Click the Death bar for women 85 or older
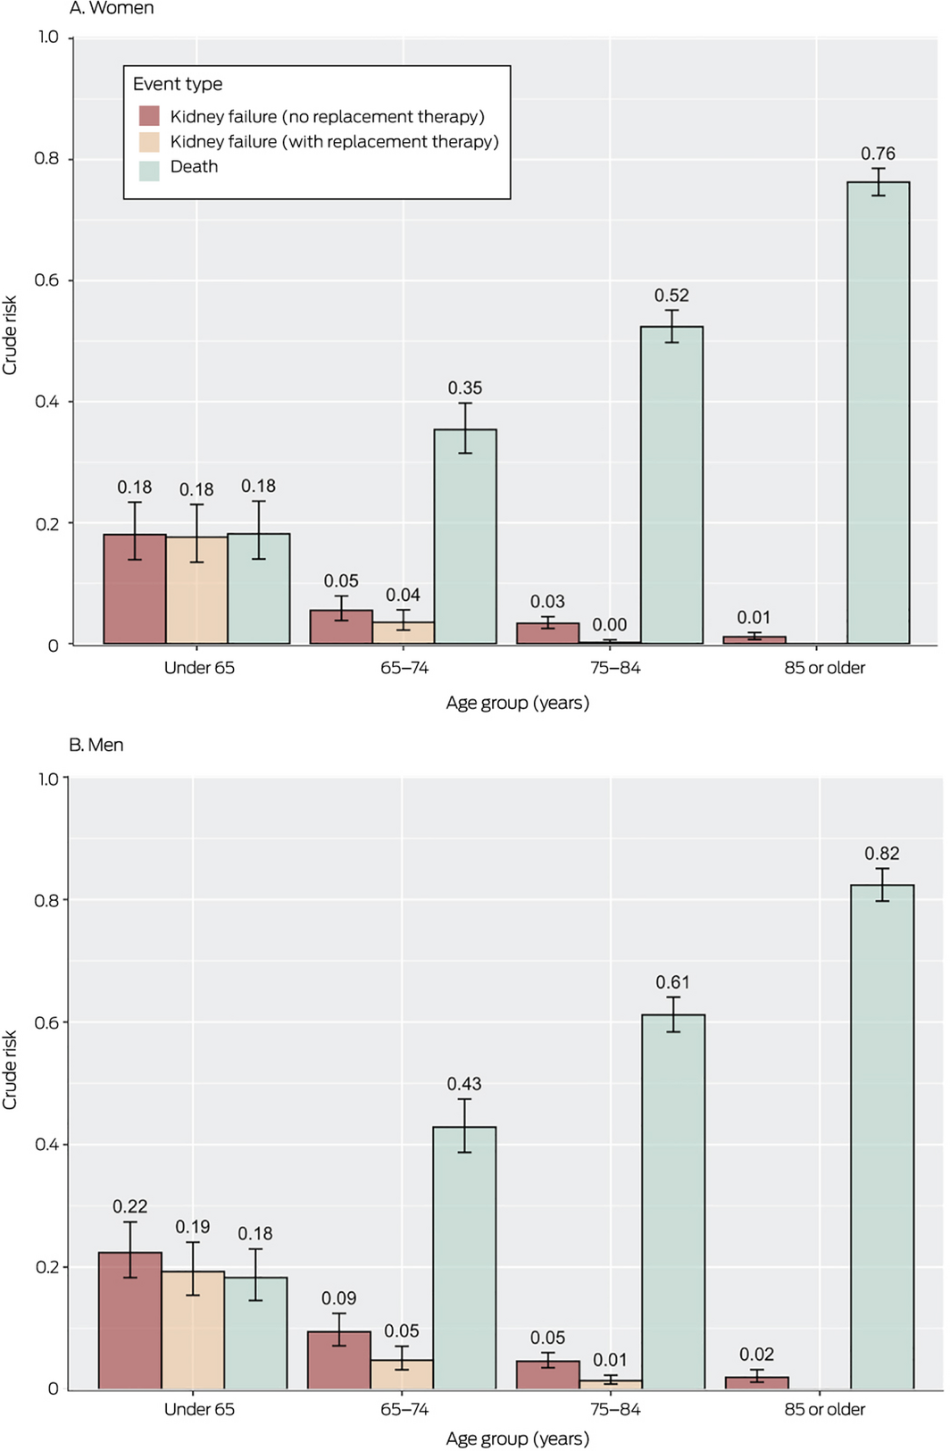click(x=878, y=413)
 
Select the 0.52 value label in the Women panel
click(x=671, y=296)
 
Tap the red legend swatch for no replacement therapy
click(x=149, y=116)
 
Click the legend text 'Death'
click(x=194, y=167)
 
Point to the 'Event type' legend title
click(x=178, y=84)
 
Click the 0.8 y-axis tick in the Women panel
click(x=46, y=159)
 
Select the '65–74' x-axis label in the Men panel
click(x=404, y=1409)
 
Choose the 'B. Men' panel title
click(x=96, y=745)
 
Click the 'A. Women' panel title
click(x=112, y=9)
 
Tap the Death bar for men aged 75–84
click(x=672, y=1201)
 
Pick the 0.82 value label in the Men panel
click(x=881, y=854)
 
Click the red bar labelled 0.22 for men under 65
click(x=130, y=1320)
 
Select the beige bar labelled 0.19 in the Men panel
click(x=193, y=1330)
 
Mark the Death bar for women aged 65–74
click(x=465, y=536)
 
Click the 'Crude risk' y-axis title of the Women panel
click(x=10, y=335)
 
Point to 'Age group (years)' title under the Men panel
click(x=517, y=1438)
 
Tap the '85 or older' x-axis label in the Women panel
click(x=824, y=668)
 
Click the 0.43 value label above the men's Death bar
click(x=464, y=1084)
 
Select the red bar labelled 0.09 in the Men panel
click(x=339, y=1360)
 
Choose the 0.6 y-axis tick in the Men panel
click(x=46, y=1022)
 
